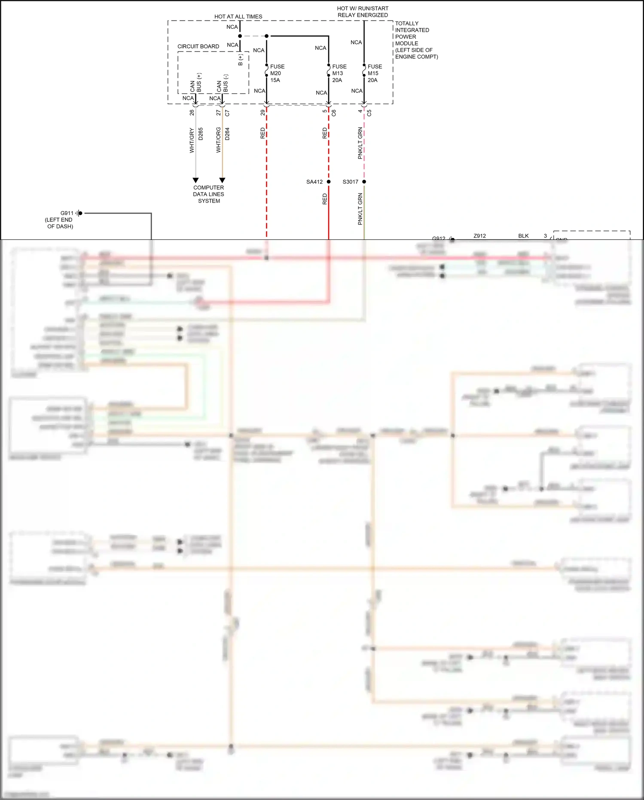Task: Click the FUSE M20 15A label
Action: [277, 73]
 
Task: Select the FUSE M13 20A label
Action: [339, 73]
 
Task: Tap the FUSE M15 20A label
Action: [374, 73]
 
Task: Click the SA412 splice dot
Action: [329, 182]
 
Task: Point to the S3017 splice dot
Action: [364, 182]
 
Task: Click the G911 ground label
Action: [67, 213]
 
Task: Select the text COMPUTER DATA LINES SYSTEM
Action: [208, 194]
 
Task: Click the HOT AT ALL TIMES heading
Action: [238, 17]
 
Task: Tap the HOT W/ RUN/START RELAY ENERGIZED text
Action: [363, 12]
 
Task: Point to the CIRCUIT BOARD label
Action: [198, 46]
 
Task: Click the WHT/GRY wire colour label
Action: [192, 140]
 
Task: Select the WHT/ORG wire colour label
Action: [218, 140]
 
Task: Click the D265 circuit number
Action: [201, 134]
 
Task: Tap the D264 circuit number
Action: [227, 134]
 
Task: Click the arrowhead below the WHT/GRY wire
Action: [195, 180]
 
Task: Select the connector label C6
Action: [334, 113]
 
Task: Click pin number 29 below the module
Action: [262, 113]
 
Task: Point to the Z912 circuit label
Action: [479, 236]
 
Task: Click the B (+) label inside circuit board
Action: [240, 60]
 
